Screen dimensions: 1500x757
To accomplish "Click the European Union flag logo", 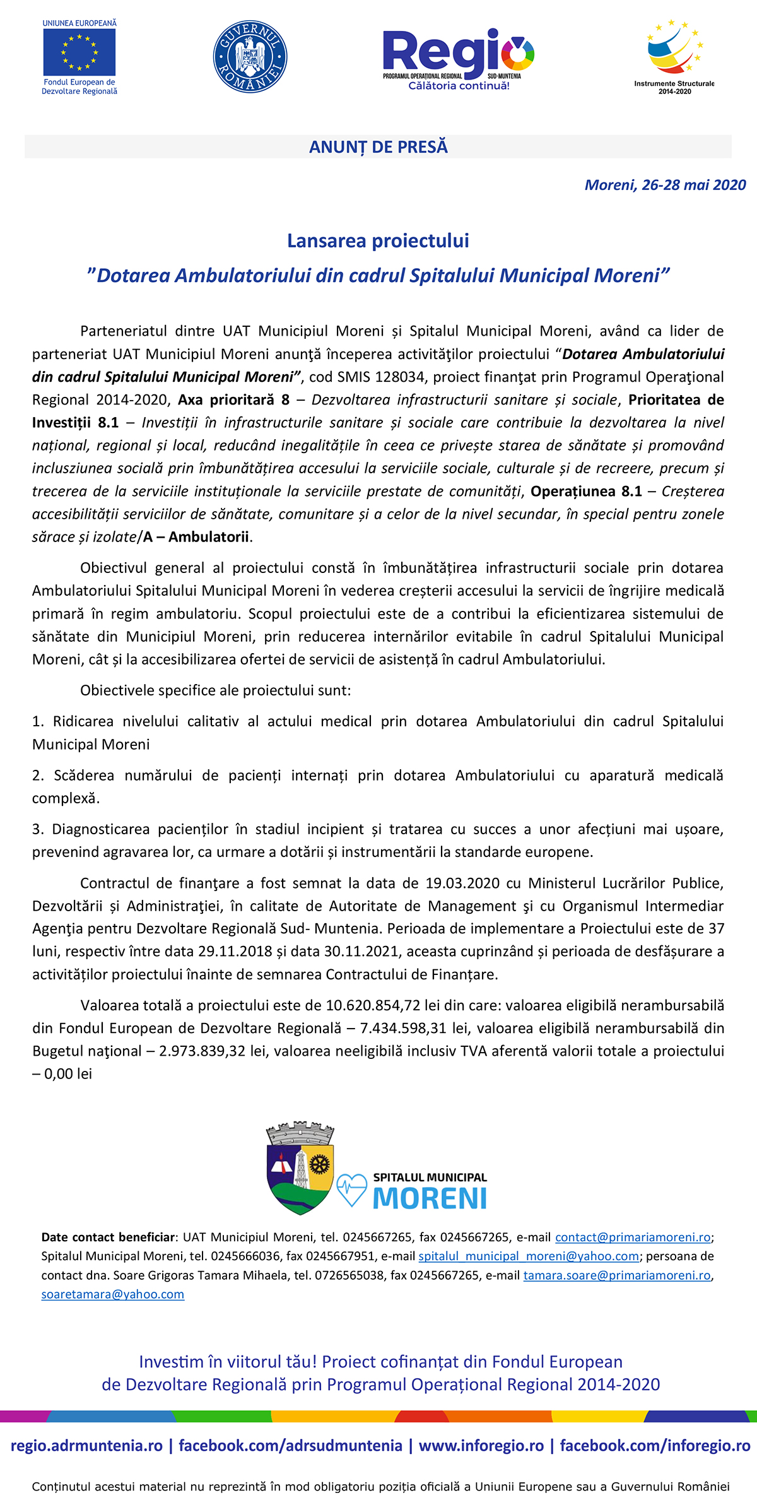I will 79,52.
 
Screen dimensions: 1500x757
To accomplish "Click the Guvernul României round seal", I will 250,57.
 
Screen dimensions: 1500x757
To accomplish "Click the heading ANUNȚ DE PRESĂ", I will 378,147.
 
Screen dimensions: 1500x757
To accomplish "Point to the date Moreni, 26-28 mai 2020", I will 665,185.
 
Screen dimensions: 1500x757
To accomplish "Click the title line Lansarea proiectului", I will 378,240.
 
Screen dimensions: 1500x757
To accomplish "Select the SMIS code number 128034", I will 400,377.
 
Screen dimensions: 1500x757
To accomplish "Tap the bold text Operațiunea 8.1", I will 586,491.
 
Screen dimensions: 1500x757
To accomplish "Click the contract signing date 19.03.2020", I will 462,883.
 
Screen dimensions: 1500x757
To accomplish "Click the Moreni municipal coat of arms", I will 300,1168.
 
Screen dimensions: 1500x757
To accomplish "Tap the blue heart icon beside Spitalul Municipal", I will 351,1189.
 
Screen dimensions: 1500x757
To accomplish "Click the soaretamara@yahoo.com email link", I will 113,1294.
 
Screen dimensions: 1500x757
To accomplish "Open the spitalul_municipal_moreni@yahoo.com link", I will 529,1256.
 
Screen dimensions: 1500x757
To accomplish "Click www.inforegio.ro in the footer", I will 481,1445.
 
